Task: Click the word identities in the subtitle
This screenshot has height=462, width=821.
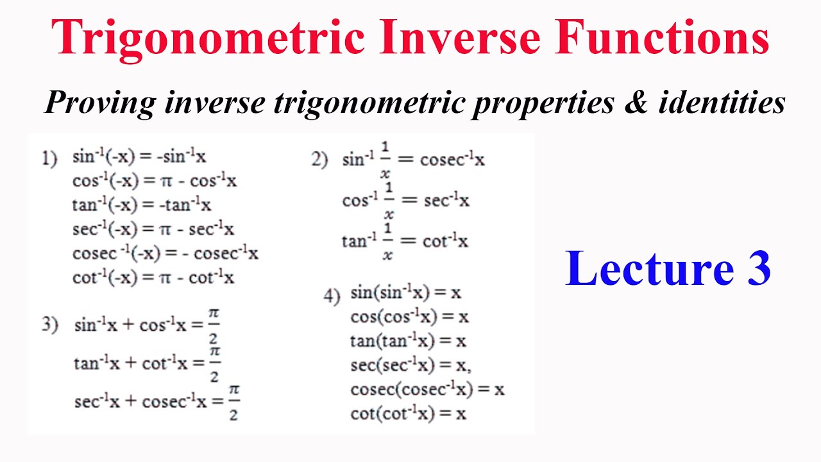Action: coord(722,103)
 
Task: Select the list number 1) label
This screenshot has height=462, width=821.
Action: coord(49,158)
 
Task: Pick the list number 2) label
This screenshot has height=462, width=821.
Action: coord(320,159)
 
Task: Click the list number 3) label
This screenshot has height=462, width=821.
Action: coord(50,325)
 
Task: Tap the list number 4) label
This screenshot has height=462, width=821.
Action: coord(332,296)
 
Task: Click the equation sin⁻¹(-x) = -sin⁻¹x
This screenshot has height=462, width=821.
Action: coord(139,157)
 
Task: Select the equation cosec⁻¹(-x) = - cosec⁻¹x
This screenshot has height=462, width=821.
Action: coord(165,253)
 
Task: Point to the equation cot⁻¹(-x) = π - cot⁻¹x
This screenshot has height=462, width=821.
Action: coord(153,277)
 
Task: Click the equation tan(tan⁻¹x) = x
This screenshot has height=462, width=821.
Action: coord(408,341)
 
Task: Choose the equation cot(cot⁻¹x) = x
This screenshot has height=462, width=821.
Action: coord(408,414)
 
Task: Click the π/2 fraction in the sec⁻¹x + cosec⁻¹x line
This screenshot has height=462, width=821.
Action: coord(233,402)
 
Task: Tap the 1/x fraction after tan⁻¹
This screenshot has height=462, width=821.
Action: coord(387,243)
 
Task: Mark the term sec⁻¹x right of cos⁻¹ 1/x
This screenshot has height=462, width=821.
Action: coord(446,201)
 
